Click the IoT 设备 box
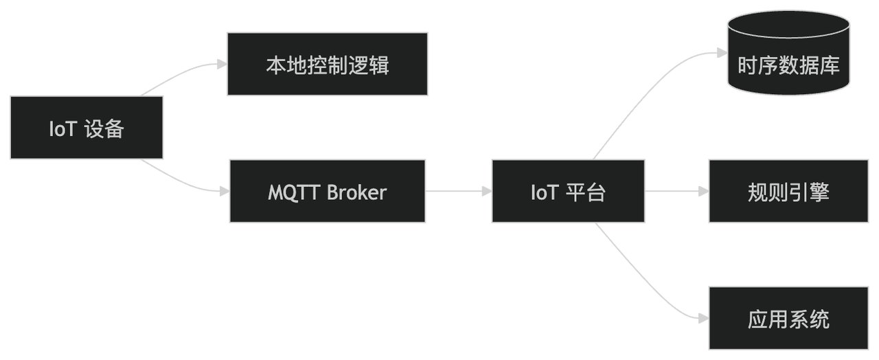click(87, 128)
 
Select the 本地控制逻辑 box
click(328, 65)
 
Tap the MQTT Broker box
click(327, 192)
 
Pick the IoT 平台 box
click(568, 192)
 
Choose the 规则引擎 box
click(788, 192)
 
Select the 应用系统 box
click(788, 319)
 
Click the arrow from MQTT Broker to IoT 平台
click(458, 192)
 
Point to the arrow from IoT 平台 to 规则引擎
click(676, 192)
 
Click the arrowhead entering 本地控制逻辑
click(221, 64)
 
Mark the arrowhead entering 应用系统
click(703, 319)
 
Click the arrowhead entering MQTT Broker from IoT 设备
click(222, 192)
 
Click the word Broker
click(356, 192)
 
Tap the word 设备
click(104, 128)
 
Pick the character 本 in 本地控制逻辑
click(276, 65)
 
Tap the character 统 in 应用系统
click(819, 319)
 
